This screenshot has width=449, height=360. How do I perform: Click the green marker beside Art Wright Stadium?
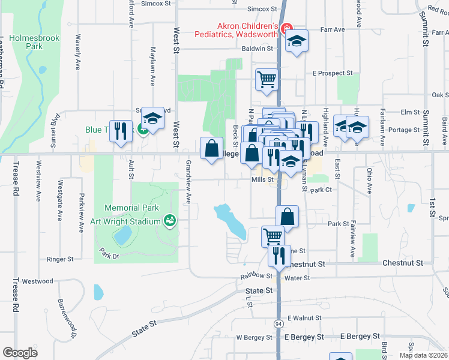point(170,221)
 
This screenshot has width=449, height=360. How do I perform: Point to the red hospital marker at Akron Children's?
point(286,28)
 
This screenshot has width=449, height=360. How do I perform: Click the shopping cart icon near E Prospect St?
point(267,79)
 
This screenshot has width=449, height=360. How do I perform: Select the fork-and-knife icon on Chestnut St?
point(277,255)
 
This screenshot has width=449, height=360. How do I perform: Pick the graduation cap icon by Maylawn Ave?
point(152,119)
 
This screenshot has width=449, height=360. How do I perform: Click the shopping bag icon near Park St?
point(288,216)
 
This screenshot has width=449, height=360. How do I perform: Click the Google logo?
point(20,353)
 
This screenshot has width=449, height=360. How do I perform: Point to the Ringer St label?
point(60,259)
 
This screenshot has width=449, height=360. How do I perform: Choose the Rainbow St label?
point(256,275)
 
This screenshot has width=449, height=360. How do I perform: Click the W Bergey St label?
point(255,337)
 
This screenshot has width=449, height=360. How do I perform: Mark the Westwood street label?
point(38,280)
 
